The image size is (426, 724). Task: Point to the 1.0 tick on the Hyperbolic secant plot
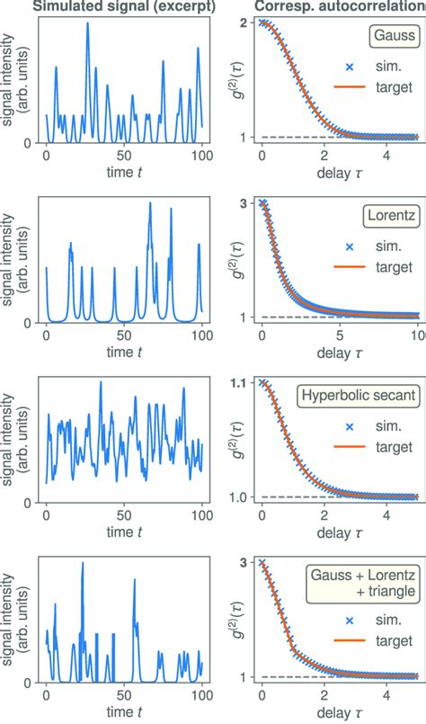pos(239,497)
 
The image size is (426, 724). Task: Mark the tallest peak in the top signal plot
pos(87,22)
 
